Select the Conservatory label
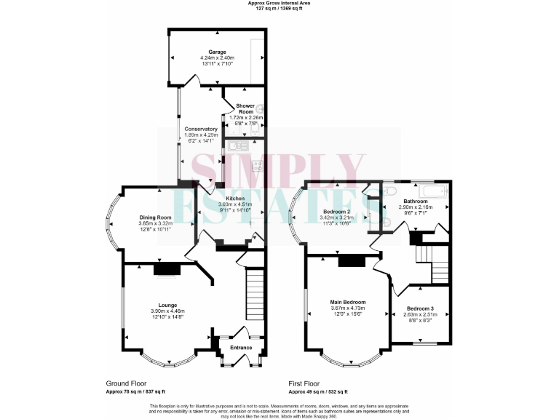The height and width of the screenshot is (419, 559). pos(200,129)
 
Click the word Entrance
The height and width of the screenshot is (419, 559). pos(241,347)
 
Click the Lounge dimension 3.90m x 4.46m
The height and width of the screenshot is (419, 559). pos(168,311)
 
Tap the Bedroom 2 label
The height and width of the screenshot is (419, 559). pos(337,211)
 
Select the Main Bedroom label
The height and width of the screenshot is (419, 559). pos(347,302)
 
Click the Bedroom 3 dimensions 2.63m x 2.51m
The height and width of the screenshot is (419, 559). pos(421,314)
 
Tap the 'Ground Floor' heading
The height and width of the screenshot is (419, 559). pos(127,383)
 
